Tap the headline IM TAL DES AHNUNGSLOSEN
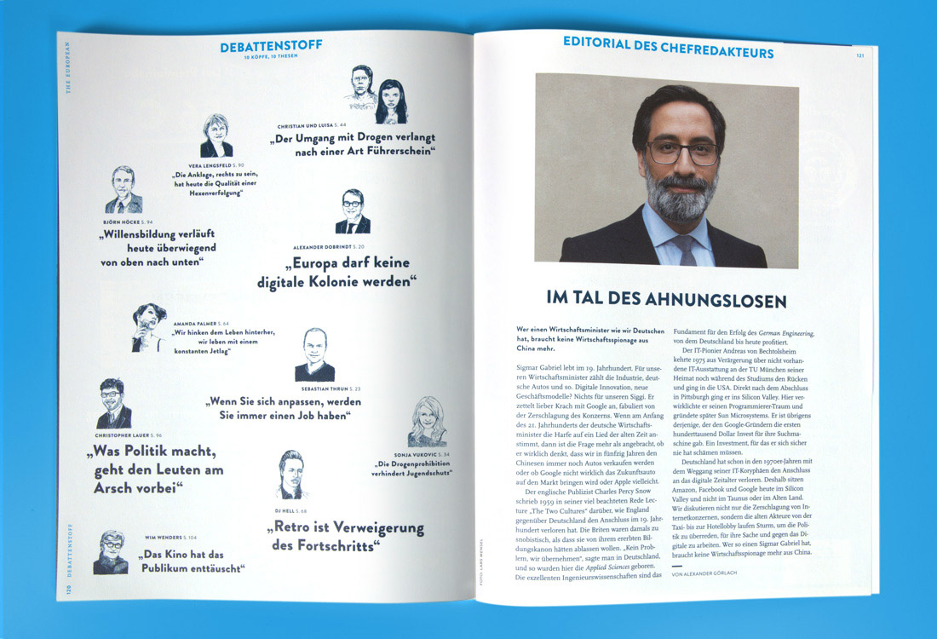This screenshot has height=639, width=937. coord(666,300)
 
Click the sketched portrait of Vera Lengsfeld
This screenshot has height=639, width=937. coord(216,136)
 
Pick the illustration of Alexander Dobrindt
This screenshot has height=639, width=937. coord(353,212)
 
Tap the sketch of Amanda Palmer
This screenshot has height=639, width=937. coord(147,327)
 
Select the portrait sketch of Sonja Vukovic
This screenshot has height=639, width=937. coord(427,422)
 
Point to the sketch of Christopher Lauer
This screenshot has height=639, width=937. coord(113,404)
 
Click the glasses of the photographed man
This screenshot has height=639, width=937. coord(681,153)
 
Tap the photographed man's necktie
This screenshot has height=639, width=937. coord(684,248)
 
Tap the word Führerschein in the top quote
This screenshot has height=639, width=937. coord(393,151)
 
